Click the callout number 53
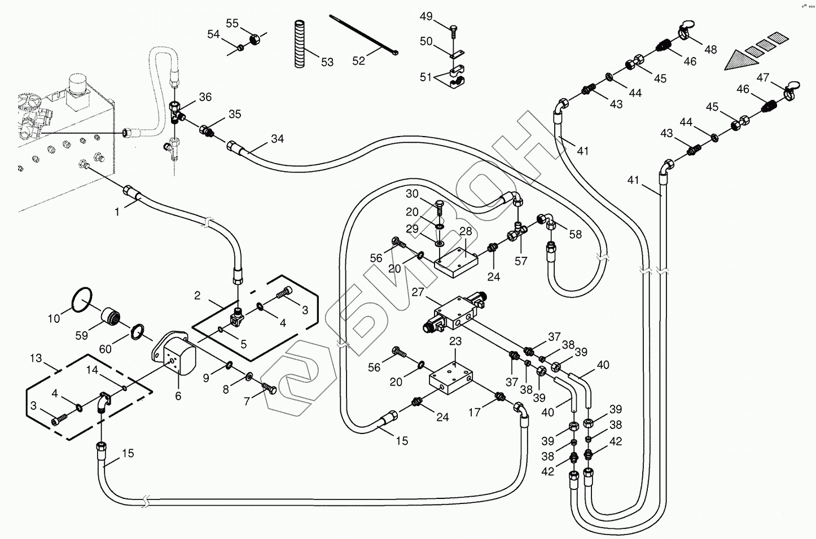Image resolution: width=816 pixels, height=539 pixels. pos(327,62)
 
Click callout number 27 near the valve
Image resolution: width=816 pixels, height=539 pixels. pos(418,292)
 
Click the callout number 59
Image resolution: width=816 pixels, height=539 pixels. pos(82,335)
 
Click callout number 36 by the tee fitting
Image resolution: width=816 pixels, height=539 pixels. pos(205,97)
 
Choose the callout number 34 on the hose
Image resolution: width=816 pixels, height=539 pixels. pos(277,139)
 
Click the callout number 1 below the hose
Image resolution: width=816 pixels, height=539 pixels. pos(117,212)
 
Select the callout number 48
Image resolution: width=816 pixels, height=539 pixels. pos(710,50)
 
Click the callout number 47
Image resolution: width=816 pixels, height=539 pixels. pos(763,77)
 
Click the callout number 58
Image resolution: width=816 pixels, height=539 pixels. pos(575,234)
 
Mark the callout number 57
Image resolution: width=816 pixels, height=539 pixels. pos(521,261)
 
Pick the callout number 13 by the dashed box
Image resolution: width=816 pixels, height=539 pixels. pos(36,358)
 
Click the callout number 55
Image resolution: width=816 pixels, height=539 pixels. pos(232,23)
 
